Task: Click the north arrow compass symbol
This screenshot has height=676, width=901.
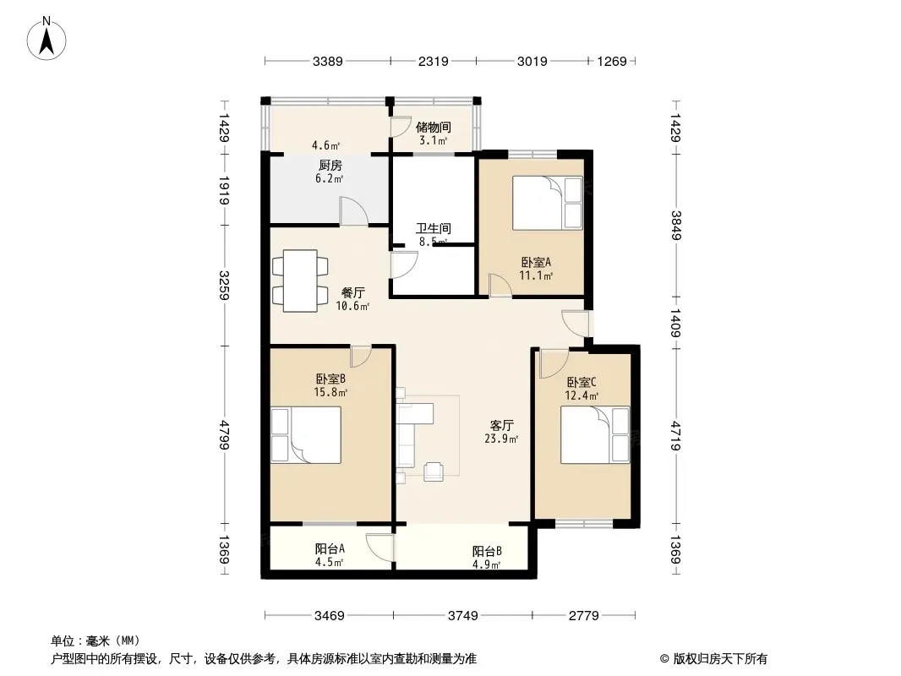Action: pos(46,38)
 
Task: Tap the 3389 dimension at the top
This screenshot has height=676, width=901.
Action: pos(328,61)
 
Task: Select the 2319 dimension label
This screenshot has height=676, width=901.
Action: pos(434,61)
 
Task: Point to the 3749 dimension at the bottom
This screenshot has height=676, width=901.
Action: pos(462,616)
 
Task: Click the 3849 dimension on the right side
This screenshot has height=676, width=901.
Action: pos(676,226)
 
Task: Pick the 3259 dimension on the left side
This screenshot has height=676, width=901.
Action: pos(224,285)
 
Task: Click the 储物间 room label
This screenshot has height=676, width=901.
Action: pos(434,127)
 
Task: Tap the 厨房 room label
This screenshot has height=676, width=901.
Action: pos(330,166)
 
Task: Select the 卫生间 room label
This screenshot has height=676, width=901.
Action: pos(434,229)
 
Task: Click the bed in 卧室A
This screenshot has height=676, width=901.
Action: pos(548,203)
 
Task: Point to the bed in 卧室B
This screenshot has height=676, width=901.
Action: pos(306,435)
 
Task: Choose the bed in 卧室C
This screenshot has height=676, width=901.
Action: pos(595,435)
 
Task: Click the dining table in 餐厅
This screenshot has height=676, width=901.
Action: pos(300,281)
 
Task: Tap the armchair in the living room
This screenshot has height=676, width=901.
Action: pos(434,471)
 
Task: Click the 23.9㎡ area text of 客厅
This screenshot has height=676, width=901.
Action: pos(502,439)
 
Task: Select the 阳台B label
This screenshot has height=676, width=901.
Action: pos(488,552)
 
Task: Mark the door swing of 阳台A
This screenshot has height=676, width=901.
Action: pos(380,548)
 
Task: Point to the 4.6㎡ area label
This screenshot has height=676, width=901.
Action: pos(325,145)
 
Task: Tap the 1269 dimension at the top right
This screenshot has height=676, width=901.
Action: pos(612,61)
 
